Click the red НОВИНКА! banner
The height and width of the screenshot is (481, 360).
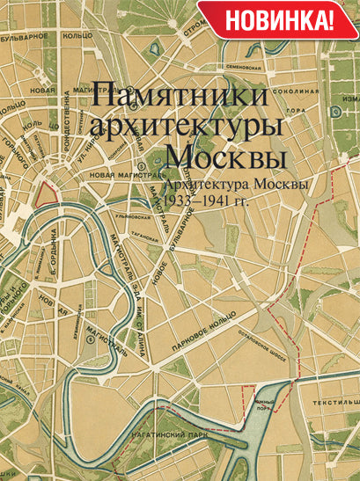pos(278,18)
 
